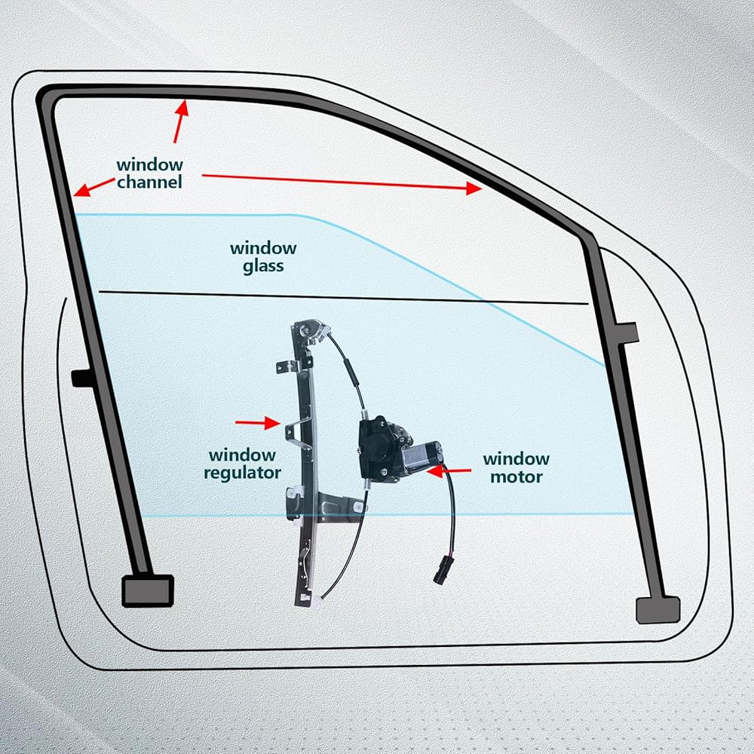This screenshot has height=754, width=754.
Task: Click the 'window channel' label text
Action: click(149, 173)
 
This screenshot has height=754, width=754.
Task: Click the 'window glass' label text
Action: click(263, 256)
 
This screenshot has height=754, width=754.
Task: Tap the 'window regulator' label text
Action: click(242, 464)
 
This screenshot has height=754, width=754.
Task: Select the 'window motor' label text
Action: click(516, 467)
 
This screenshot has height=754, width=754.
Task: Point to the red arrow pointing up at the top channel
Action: click(179, 121)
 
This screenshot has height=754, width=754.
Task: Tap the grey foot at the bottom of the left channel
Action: click(148, 590)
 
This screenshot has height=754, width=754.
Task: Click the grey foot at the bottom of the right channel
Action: click(657, 609)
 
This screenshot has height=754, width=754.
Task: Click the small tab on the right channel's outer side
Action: click(627, 331)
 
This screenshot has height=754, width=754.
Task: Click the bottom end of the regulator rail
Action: click(303, 598)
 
